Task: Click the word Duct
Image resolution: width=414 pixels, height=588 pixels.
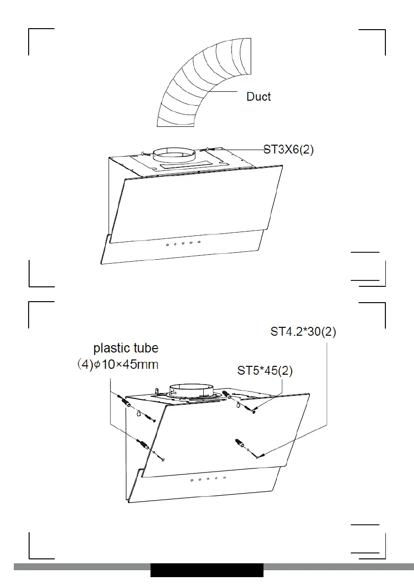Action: point(259,96)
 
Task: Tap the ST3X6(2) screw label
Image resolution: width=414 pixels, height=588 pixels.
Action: point(289,150)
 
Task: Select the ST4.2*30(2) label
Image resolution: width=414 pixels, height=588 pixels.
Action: point(303,332)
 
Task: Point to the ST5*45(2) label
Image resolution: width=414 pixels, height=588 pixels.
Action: point(265,371)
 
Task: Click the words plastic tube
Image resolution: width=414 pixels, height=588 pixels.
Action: point(126,348)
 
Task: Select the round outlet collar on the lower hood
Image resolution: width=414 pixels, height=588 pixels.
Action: point(191,391)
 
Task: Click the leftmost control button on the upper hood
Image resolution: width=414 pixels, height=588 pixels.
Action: point(167,244)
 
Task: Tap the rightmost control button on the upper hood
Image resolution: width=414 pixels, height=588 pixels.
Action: point(199,242)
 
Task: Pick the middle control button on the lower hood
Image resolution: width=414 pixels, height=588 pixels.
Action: point(208,479)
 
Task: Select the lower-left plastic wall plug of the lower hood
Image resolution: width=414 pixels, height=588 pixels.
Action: point(144,445)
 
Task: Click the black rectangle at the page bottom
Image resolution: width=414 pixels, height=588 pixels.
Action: point(207,570)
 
